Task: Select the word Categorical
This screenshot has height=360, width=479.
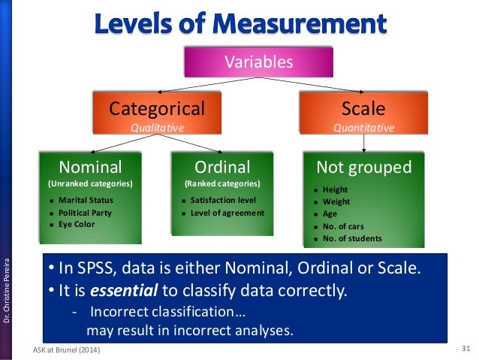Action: point(157,108)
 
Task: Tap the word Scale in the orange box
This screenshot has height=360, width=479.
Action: point(363,108)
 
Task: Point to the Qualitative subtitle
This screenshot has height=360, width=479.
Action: point(157,128)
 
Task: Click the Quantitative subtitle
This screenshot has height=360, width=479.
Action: point(363,128)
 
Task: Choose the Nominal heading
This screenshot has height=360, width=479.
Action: point(90,166)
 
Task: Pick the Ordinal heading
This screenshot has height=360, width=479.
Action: point(222,166)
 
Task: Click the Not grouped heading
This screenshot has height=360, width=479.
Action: point(364,166)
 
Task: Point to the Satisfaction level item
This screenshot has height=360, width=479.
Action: point(223,201)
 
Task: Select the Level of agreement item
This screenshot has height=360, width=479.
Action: point(227,213)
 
